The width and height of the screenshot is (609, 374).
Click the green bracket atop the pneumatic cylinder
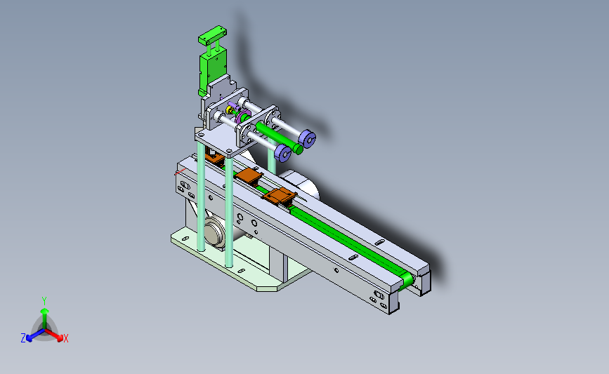[x=212, y=36]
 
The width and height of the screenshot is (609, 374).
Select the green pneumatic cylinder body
[x=212, y=70]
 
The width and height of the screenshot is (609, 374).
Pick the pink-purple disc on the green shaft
[x=244, y=117]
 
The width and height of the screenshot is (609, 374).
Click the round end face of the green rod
[x=299, y=149]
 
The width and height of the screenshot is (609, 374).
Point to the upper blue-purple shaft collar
[x=307, y=139]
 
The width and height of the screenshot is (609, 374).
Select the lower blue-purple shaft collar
[x=283, y=153]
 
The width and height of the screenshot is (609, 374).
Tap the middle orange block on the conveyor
[x=248, y=175]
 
